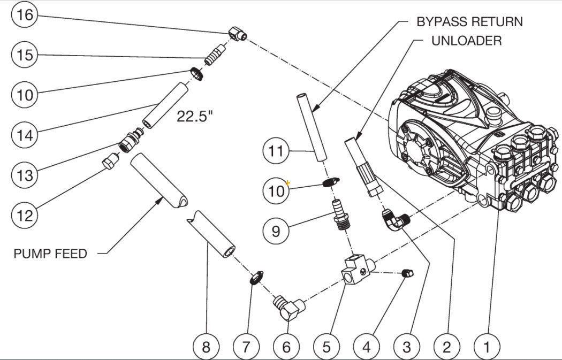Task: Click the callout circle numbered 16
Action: (25, 15)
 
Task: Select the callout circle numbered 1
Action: (487, 347)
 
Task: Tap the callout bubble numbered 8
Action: (206, 347)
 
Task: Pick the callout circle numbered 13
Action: (25, 175)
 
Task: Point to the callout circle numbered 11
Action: (276, 151)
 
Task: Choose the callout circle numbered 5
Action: (326, 347)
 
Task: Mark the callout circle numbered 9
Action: (276, 231)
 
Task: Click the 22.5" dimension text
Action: (195, 116)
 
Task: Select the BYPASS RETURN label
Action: (469, 22)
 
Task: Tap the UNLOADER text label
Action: (466, 41)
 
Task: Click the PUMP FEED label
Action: (50, 253)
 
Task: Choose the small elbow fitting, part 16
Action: (236, 34)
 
